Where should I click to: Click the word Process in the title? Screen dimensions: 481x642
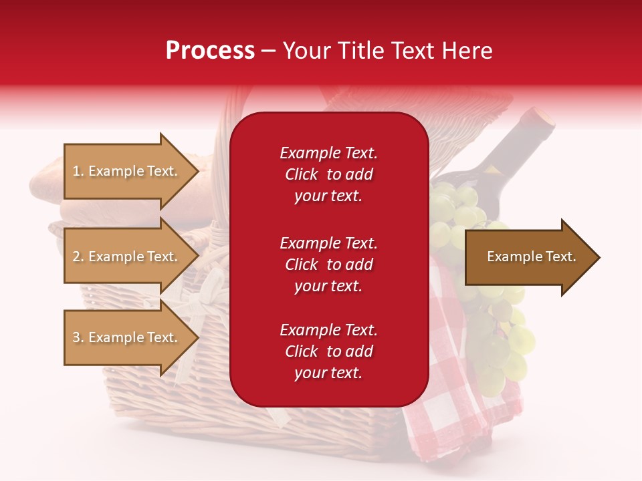(x=210, y=51)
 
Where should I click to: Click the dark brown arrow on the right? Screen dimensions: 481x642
(x=528, y=257)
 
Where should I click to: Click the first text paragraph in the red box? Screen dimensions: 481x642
(x=328, y=174)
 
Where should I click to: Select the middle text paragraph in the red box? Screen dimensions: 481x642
(x=328, y=265)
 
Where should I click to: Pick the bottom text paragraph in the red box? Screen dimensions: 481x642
(x=328, y=351)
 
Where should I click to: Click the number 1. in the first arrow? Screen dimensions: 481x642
(x=78, y=171)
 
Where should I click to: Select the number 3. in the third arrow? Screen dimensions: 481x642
(x=78, y=337)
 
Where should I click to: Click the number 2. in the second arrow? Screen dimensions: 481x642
(x=78, y=257)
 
